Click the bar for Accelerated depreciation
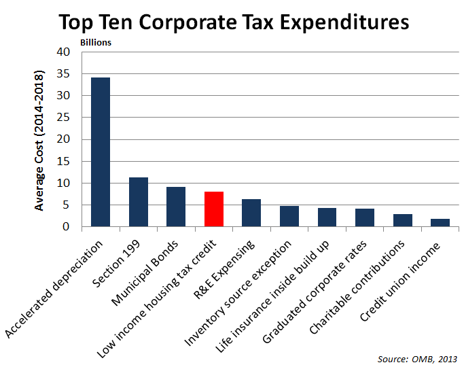tap(101, 152)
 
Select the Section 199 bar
tap(139, 202)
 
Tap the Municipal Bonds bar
tap(176, 207)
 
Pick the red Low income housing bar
tap(214, 209)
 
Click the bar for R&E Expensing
tap(251, 213)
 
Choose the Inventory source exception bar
tap(289, 216)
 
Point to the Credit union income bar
tap(440, 223)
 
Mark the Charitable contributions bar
tap(402, 220)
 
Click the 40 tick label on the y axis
tap(63, 52)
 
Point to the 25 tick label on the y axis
tap(63, 118)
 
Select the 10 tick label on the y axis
tap(63, 183)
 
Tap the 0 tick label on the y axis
tap(66, 227)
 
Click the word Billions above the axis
tap(96, 42)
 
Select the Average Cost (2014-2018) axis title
tap(39, 139)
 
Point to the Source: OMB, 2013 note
tap(417, 358)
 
